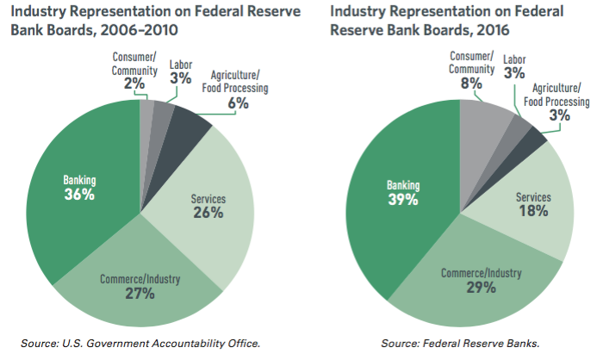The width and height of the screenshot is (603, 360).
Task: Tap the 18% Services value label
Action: click(x=533, y=211)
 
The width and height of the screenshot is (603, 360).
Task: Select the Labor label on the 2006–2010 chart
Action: click(x=181, y=64)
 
